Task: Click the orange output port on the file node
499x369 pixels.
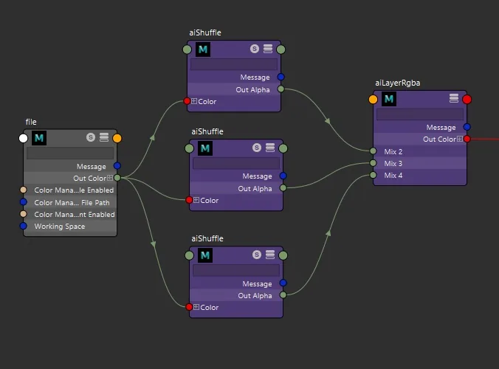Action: [x=117, y=139]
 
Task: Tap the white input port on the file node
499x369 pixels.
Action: [x=23, y=139]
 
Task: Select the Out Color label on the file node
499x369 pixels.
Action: [x=89, y=179]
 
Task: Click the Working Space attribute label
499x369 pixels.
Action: [x=60, y=227]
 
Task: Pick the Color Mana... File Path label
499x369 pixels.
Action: [x=72, y=203]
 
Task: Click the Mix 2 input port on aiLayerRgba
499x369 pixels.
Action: [x=374, y=151]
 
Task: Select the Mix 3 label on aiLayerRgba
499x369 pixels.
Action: [x=393, y=164]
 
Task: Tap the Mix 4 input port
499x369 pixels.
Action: [x=374, y=175]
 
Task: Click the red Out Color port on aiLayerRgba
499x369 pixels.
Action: [x=467, y=139]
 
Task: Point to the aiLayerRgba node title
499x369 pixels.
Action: [x=397, y=83]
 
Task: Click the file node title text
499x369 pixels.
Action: [x=31, y=122]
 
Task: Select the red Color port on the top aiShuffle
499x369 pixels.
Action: [x=187, y=101]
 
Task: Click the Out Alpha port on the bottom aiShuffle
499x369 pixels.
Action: [x=283, y=295]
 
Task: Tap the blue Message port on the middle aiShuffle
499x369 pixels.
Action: [x=283, y=176]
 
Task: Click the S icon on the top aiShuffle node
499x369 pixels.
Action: [x=254, y=49]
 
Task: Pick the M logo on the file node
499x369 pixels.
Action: [x=39, y=138]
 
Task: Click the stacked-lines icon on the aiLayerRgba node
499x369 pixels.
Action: [x=454, y=98]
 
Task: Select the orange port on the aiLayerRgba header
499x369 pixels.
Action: [x=373, y=100]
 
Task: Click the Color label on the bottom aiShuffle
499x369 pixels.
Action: [x=210, y=308]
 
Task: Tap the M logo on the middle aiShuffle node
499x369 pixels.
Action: [x=205, y=148]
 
